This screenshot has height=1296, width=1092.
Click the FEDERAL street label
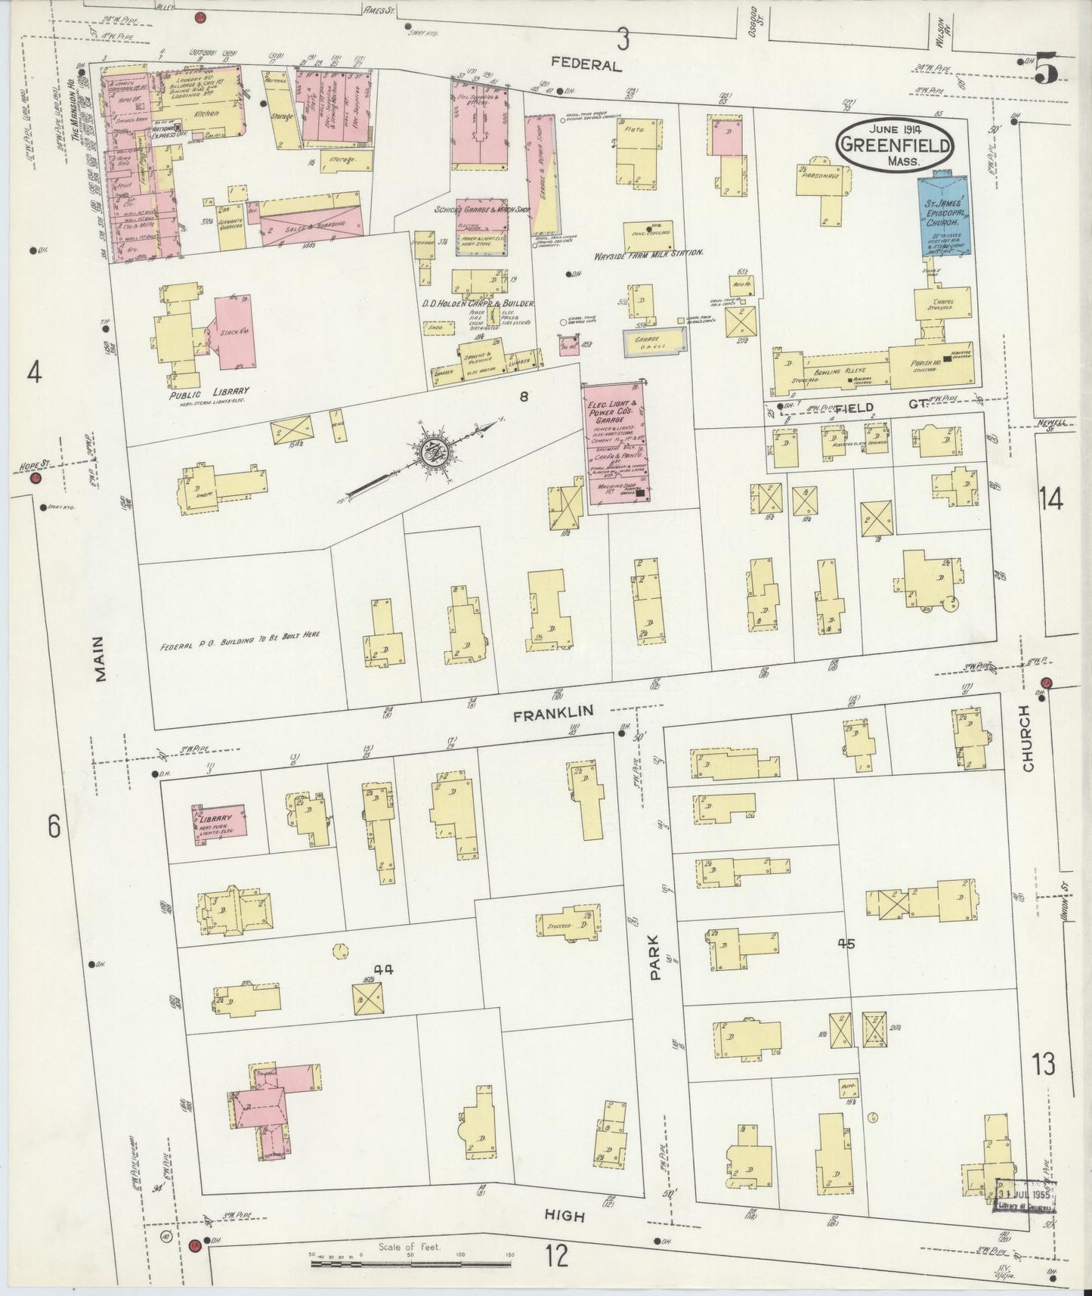pos(586,65)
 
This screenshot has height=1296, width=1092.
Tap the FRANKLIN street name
pos(552,712)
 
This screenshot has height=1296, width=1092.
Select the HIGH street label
pos(565,1216)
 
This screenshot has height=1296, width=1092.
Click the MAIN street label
pos(101,658)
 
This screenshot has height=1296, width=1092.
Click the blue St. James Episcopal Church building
pos(943,216)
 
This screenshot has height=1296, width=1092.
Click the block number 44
pos(385,969)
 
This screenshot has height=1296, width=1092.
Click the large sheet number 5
pos(1046,70)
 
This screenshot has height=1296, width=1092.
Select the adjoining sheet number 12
pos(557,1257)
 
